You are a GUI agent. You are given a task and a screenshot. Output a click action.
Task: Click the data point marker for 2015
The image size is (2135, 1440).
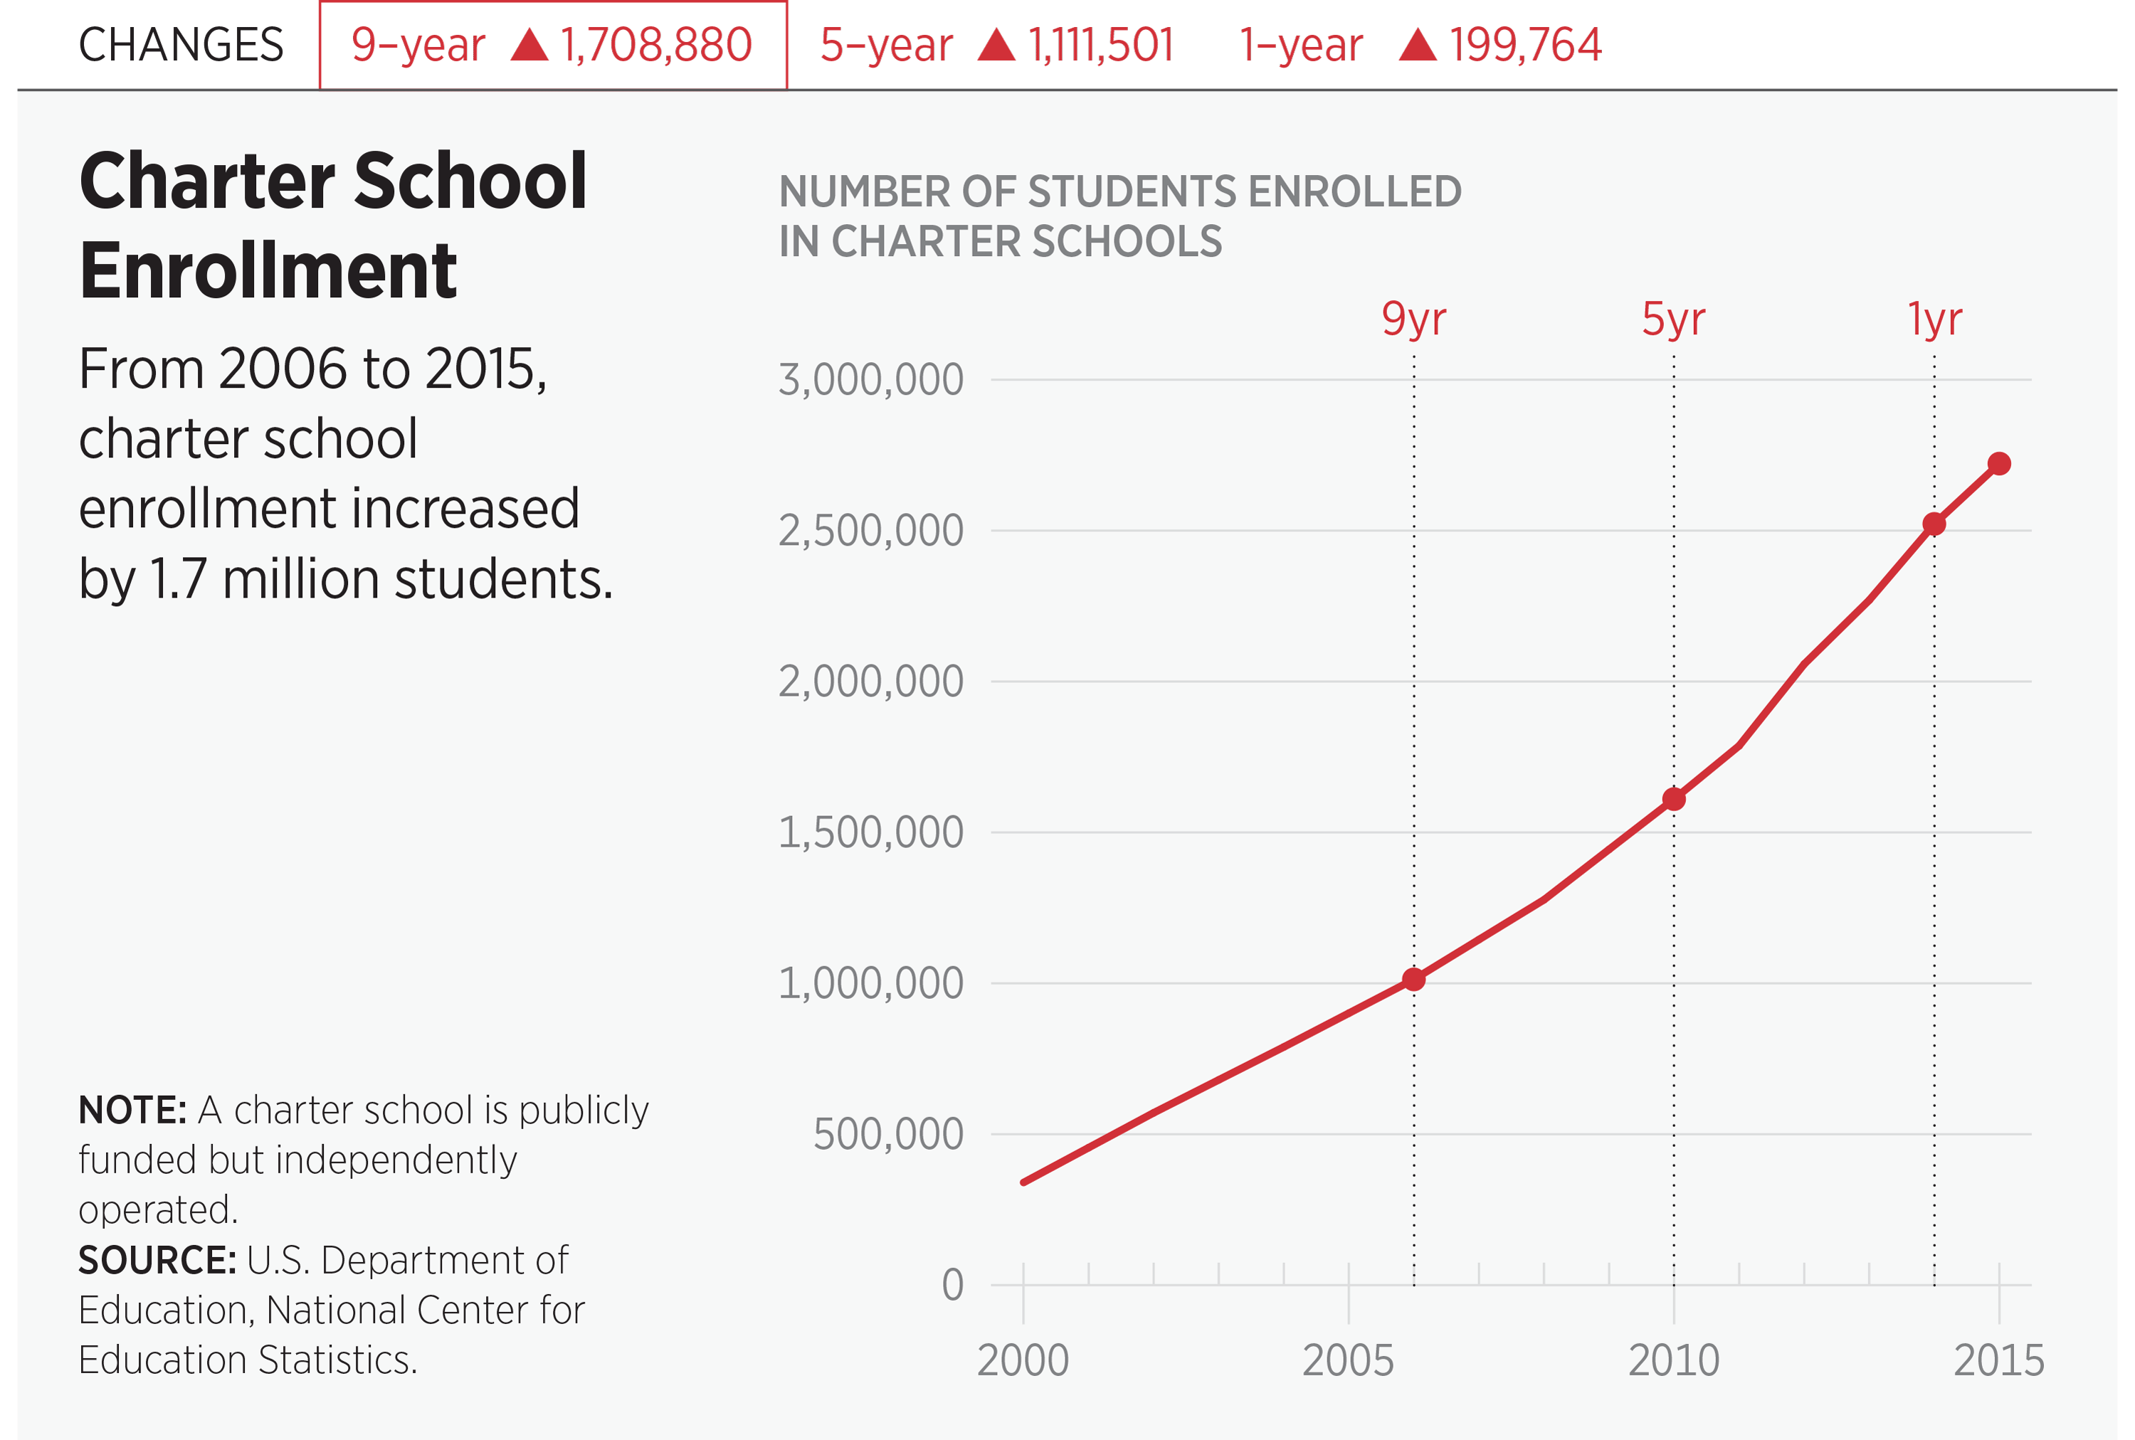click(x=1999, y=464)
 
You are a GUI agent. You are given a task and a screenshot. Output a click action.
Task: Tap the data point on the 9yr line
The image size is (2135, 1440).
click(x=1414, y=980)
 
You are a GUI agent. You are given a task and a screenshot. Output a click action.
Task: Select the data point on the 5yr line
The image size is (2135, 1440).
click(x=1674, y=799)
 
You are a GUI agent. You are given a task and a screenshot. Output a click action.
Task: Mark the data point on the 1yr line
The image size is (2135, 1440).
click(x=1934, y=524)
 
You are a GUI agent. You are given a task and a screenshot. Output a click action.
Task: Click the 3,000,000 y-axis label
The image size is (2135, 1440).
click(x=871, y=379)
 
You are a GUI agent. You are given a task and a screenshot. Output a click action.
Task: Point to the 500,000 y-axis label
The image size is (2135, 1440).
click(x=888, y=1134)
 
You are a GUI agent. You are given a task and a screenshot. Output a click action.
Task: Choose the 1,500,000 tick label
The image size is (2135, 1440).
click(x=871, y=832)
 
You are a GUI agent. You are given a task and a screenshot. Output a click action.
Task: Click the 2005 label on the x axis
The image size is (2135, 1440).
click(x=1348, y=1360)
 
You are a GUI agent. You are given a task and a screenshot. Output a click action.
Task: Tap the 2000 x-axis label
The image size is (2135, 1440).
click(x=1023, y=1360)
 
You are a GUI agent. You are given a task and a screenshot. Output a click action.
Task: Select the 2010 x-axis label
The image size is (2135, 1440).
click(x=1673, y=1360)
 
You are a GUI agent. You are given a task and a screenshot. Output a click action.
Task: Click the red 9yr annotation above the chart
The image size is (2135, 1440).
click(x=1414, y=319)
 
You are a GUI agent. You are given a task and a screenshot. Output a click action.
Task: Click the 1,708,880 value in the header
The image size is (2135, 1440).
click(x=656, y=45)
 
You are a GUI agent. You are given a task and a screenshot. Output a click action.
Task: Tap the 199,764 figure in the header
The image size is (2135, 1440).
click(x=1525, y=45)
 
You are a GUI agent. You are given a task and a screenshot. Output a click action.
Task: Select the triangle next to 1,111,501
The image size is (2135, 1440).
click(x=997, y=45)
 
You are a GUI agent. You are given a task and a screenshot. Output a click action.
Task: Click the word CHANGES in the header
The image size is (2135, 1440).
click(x=181, y=45)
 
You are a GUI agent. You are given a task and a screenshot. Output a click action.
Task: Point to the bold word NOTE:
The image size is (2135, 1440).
click(x=133, y=1111)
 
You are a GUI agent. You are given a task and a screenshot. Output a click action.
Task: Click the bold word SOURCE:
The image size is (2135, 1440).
click(x=157, y=1260)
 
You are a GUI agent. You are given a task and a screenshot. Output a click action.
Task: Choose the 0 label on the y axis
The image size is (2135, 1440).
click(x=953, y=1285)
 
